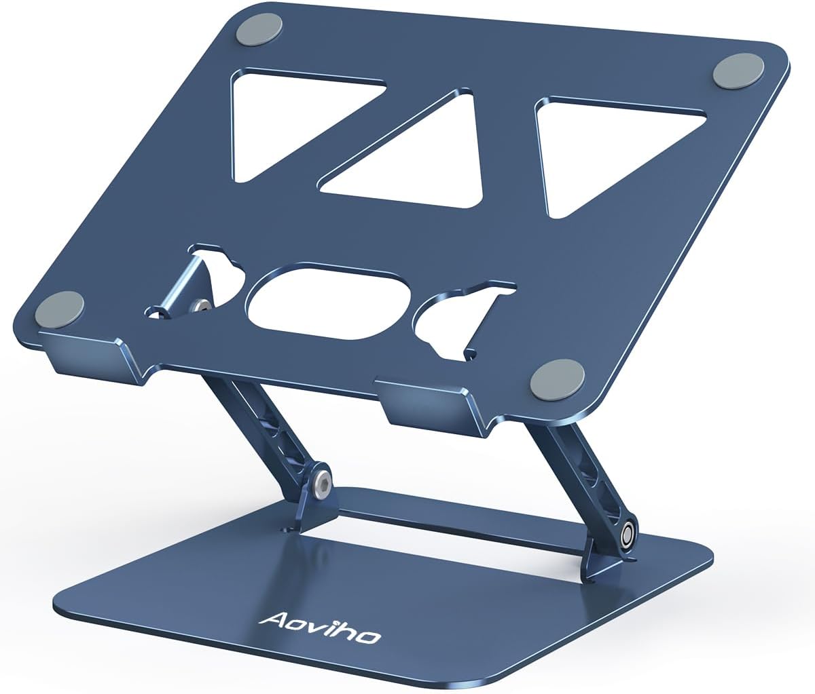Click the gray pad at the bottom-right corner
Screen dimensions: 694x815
coord(557,377)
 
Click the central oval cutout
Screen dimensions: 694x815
coord(329,303)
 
